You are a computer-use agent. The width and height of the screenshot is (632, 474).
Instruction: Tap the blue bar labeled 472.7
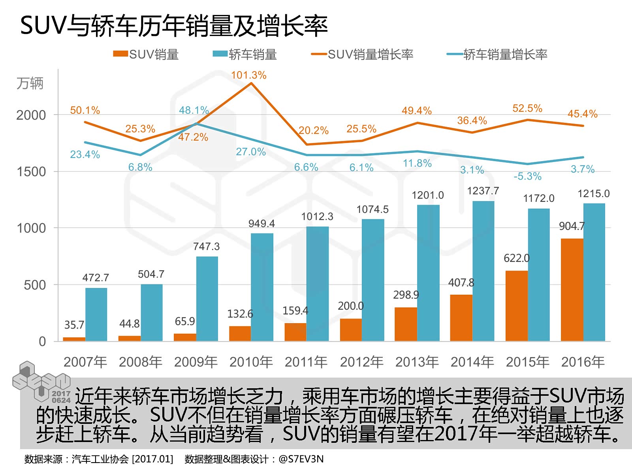pos(96,314)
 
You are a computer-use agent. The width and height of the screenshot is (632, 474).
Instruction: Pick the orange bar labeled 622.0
pos(516,306)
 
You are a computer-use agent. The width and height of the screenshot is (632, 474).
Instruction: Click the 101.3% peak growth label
pos(248,75)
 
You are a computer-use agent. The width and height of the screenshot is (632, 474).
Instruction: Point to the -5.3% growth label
pos(527,176)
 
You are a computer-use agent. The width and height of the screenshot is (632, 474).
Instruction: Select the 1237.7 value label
pos(483,191)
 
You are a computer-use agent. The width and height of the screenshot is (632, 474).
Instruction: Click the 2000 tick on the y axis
pos(31,115)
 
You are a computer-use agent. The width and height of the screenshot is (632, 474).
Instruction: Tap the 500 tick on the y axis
pos(35,285)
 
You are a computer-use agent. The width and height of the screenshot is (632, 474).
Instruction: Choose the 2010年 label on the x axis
pos(251,362)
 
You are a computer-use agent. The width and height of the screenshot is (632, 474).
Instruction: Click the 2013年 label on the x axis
pos(417,362)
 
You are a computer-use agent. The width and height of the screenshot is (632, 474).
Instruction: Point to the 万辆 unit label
pos(30,83)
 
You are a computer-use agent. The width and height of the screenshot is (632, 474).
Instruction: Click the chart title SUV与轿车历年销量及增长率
pos(174,26)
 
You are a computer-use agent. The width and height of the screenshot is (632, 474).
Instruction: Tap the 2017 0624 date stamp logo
pos(61,397)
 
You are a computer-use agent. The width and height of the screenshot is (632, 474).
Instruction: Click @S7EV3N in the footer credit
pos(301,459)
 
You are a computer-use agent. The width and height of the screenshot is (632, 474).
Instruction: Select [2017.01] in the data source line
pos(152,459)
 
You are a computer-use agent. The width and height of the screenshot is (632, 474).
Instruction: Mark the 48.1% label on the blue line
pos(194,110)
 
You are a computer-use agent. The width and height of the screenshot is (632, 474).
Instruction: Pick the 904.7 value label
pos(571,226)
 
